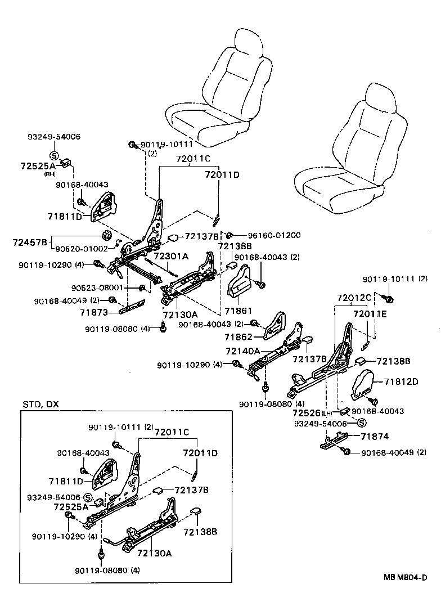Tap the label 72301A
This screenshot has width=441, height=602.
171,256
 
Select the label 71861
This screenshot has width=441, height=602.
238,311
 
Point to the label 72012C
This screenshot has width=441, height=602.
354,297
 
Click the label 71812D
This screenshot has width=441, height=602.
402,381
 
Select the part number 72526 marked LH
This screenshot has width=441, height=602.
308,412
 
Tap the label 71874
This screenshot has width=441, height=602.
375,436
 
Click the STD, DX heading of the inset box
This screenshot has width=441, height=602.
40,405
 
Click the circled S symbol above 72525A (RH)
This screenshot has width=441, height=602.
54,155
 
